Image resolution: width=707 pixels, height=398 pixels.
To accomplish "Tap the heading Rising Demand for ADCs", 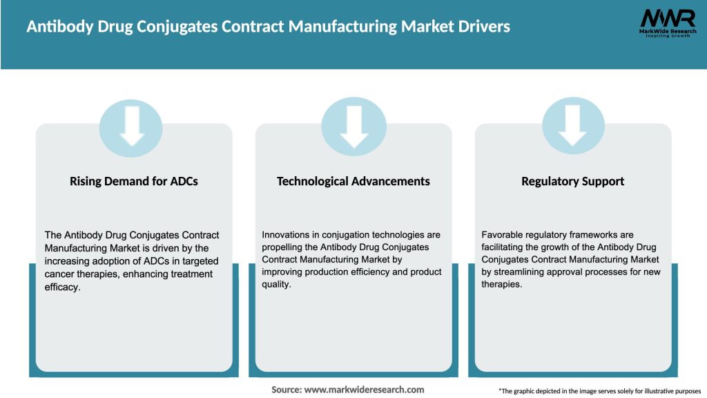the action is (x=134, y=181).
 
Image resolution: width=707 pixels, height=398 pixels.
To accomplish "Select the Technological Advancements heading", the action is (x=353, y=181).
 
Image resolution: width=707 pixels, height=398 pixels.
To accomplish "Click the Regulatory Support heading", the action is (x=572, y=181).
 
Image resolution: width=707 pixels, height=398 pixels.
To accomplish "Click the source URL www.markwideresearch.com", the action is (x=364, y=390).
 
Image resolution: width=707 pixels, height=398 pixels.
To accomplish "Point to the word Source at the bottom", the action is (x=286, y=390).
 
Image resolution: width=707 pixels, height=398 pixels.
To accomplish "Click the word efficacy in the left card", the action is (x=61, y=286).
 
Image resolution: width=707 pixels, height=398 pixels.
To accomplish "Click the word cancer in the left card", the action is (x=60, y=274).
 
